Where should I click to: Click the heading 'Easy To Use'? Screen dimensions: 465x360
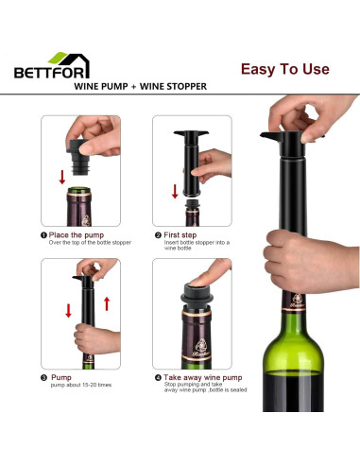tap(283, 69)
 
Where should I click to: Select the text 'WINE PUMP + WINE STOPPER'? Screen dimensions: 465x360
tap(141, 86)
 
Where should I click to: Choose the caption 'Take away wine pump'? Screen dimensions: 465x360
tap(199, 378)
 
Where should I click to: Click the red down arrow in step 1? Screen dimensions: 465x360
tap(62, 176)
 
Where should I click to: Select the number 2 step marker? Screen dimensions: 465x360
tap(157, 235)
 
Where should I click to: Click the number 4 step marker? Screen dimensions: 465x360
tap(157, 378)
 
